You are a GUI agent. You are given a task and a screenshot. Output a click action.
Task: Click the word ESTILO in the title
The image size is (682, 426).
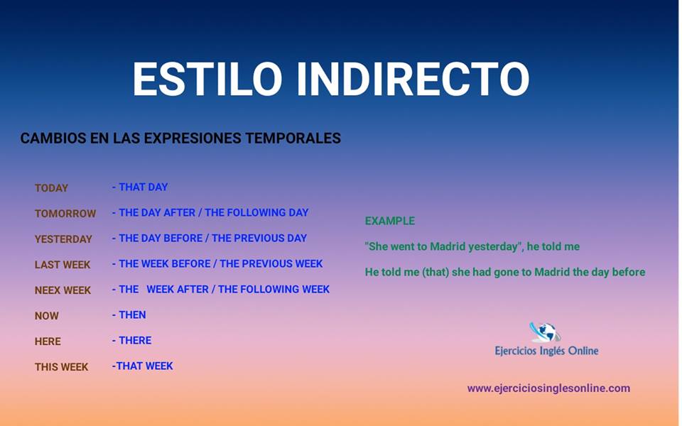(x=207, y=79)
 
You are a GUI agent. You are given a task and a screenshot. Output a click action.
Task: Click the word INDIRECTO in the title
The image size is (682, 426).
(x=413, y=79)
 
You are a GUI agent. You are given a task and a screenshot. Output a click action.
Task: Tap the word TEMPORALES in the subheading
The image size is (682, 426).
(x=293, y=138)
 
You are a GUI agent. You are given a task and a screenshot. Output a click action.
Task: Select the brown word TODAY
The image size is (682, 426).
(x=51, y=188)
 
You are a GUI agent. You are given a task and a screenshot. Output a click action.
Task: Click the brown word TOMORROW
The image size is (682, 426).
(x=65, y=214)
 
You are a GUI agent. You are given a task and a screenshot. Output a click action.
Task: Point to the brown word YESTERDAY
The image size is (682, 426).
(x=63, y=239)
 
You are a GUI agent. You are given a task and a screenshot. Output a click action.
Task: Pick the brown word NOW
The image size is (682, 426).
(x=47, y=316)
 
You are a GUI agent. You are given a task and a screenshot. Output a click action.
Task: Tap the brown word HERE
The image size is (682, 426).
(x=48, y=342)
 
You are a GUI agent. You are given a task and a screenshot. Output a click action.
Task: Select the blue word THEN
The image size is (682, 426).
(x=132, y=315)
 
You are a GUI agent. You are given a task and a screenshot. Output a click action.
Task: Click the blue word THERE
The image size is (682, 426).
(x=135, y=340)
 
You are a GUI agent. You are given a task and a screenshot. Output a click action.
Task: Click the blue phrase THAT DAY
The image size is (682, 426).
(x=143, y=187)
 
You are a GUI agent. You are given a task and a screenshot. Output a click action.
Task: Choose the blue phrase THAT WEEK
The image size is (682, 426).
(x=144, y=366)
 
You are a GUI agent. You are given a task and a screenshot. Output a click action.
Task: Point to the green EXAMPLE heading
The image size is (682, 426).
(x=390, y=221)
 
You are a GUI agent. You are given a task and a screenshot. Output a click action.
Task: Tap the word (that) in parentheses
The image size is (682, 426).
(x=435, y=272)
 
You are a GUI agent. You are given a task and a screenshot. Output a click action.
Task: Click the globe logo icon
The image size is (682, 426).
(x=545, y=332)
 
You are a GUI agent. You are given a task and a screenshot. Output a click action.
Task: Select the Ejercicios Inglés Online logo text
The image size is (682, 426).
(x=546, y=351)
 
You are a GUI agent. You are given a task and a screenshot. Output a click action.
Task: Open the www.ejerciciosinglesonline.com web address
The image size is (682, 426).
(x=548, y=388)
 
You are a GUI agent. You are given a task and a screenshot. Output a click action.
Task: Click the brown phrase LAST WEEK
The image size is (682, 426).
(x=63, y=265)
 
